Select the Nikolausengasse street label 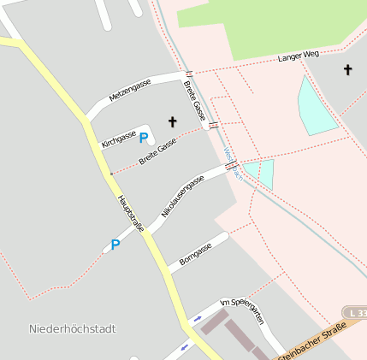coord(182,196)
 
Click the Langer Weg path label coord(299,56)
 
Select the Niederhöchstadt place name coord(72,328)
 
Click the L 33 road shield coord(354,314)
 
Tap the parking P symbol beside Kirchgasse coord(144,137)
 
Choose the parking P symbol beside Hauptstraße coord(115,244)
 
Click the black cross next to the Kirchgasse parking coord(172,121)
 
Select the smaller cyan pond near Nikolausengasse coord(265,173)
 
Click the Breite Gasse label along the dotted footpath coord(158,152)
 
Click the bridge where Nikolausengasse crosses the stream coord(231,166)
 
